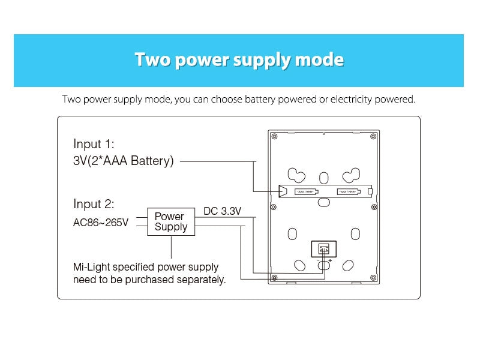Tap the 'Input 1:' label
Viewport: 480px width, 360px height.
[x=94, y=144]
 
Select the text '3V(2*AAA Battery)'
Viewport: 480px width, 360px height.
[x=123, y=161]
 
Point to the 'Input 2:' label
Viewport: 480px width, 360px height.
[x=94, y=204]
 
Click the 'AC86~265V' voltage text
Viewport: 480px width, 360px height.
[x=101, y=223]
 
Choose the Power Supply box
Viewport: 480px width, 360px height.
[x=171, y=222]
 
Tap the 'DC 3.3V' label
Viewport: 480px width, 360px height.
[x=223, y=211]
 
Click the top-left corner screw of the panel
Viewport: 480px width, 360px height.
[x=274, y=137]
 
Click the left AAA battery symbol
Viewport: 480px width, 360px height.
[x=305, y=192]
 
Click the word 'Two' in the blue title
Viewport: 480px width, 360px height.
[x=151, y=60]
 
